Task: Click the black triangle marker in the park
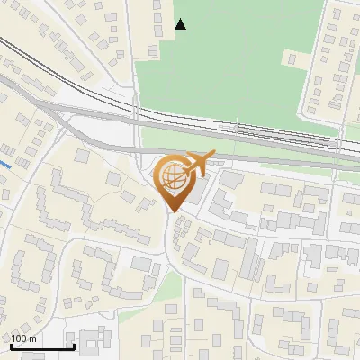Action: coord(181,24)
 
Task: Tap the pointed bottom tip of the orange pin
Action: coord(173,211)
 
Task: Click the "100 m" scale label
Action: coord(23,338)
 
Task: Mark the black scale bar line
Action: coord(42,347)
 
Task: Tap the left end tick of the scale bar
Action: coord(11,346)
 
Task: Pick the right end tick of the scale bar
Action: coord(74,346)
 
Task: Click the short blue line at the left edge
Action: coord(5,165)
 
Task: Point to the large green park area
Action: coord(234,63)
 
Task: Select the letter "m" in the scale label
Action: coord(32,338)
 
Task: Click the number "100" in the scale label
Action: coord(19,338)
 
